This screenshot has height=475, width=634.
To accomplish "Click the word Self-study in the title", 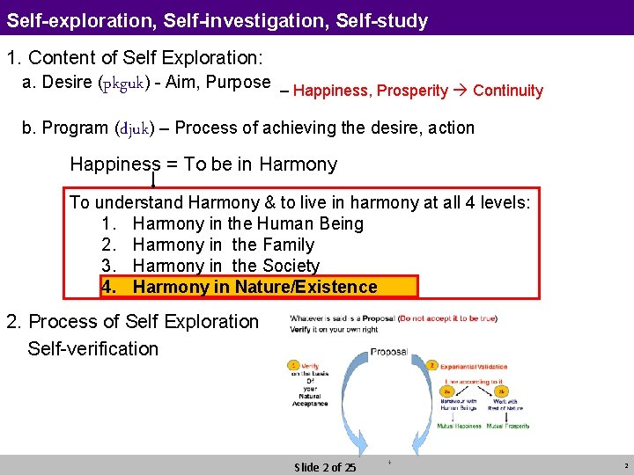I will pos(381,19).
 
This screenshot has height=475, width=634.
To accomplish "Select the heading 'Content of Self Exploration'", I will pos(144,58).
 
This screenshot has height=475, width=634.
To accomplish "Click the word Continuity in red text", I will pos(508,91).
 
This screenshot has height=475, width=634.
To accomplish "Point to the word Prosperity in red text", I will pos(412,91).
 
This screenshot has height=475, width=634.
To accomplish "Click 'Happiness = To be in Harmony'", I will pos(203,164).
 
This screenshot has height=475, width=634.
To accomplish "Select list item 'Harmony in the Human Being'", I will pos(247,223).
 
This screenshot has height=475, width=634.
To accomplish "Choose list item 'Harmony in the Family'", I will pos(223,245).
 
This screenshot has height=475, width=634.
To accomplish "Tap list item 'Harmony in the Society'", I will pos(225,266).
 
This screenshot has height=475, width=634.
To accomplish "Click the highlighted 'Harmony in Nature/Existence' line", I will pos(254,287).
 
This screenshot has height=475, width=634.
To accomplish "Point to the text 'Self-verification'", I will pos(93,348).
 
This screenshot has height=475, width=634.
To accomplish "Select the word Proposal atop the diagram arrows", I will pos(388,351).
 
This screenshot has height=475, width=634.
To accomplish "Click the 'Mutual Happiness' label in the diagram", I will pos(460,425).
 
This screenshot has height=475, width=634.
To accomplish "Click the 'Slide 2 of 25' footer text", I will pos(325,467).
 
